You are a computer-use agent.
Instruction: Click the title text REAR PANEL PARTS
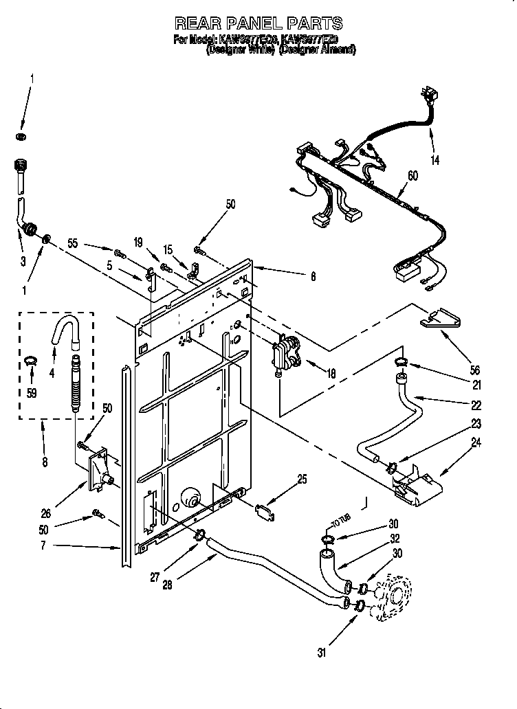pos(258,24)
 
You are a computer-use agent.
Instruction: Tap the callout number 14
pos(435,161)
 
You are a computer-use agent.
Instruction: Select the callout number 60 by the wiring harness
pos(412,177)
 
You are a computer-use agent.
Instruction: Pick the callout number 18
pos(331,375)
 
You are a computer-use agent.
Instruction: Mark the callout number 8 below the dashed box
pos(45,463)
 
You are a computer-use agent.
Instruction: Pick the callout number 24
pos(476,444)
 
